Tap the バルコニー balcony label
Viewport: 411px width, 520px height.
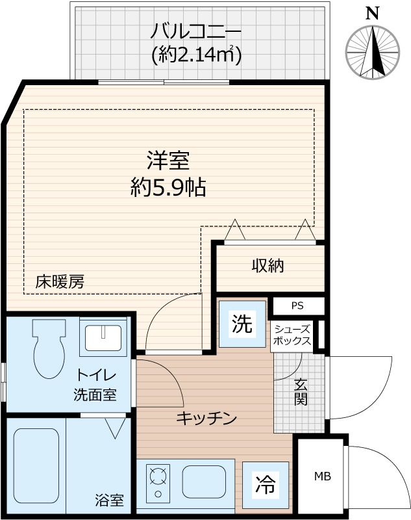click(x=196, y=31)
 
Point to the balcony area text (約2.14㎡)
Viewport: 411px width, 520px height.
click(x=196, y=55)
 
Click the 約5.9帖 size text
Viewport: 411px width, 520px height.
click(x=168, y=188)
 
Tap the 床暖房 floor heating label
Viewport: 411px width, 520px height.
click(x=60, y=282)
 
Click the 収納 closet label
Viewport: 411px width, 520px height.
click(x=268, y=266)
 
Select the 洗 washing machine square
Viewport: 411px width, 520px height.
click(x=242, y=324)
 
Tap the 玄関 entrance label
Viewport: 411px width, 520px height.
click(x=300, y=393)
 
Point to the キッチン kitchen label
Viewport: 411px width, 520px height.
click(x=206, y=419)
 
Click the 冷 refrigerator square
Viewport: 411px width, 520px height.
click(x=264, y=484)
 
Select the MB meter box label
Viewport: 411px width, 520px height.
click(x=323, y=477)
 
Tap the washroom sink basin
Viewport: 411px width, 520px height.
click(x=102, y=336)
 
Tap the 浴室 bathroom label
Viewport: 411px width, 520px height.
click(x=109, y=501)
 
